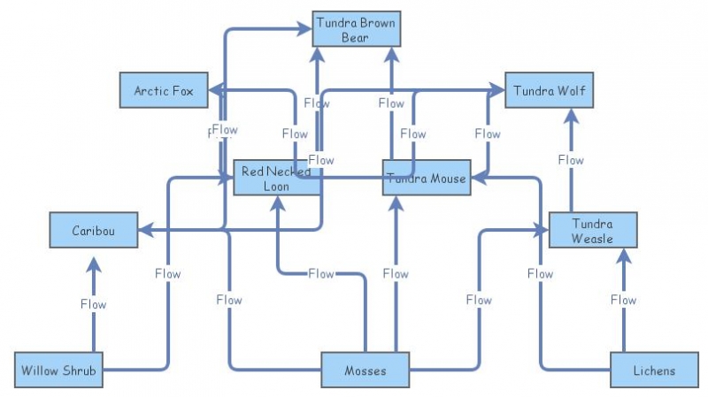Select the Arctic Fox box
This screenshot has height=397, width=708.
(164, 90)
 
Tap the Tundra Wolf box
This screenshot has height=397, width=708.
(549, 90)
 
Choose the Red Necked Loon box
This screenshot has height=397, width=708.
(277, 178)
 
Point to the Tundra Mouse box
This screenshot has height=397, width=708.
(426, 178)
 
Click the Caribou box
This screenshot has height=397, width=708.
(93, 231)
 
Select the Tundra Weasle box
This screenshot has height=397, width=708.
(592, 231)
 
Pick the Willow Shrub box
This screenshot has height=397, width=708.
(59, 370)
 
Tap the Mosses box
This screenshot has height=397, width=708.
(366, 370)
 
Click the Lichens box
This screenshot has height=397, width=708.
(654, 370)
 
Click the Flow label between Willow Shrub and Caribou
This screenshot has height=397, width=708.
(93, 304)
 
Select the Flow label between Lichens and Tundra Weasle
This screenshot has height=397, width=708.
(623, 300)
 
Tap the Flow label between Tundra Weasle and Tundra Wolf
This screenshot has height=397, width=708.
(571, 160)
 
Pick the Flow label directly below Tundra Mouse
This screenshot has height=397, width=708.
(396, 274)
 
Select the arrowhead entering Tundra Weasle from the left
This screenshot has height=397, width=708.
(542, 231)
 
